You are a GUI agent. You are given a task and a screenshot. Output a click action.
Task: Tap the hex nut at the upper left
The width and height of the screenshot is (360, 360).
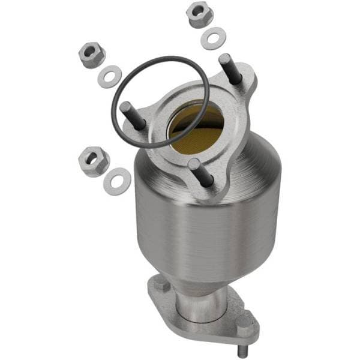click(x=91, y=55)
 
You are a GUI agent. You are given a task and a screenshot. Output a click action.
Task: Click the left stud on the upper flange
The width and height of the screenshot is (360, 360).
click(x=133, y=116)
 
